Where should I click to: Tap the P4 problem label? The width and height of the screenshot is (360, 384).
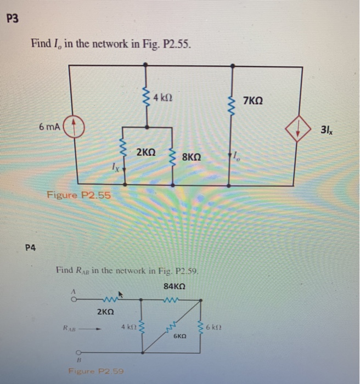pyautogui.click(x=30, y=247)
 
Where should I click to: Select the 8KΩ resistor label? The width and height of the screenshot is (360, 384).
pyautogui.click(x=191, y=156)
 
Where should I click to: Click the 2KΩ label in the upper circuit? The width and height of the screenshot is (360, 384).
pyautogui.click(x=147, y=150)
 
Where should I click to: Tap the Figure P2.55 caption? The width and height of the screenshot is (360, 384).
pyautogui.click(x=78, y=195)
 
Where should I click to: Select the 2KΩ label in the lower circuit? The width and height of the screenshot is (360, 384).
pyautogui.click(x=105, y=312)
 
